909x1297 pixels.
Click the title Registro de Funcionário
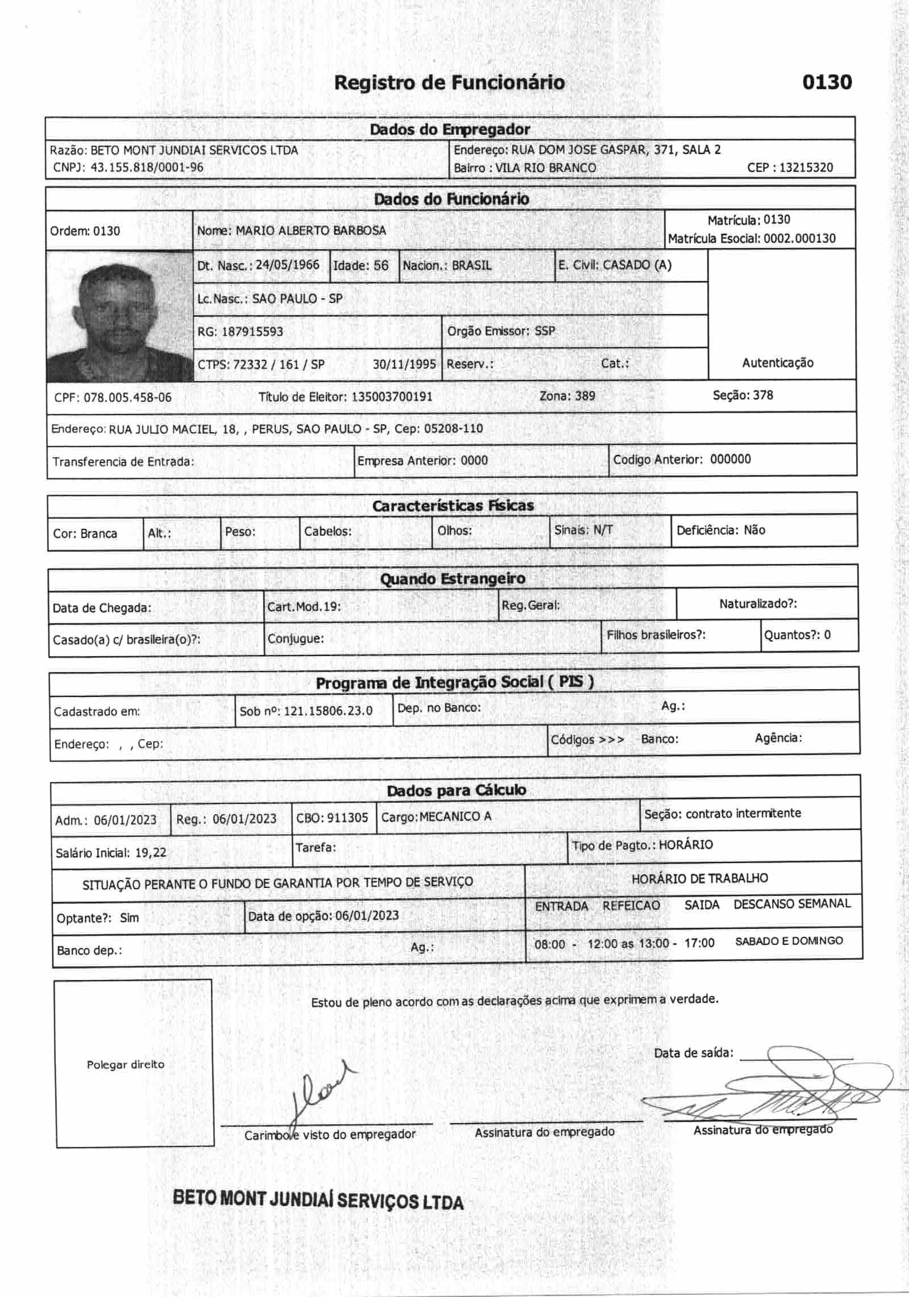coord(449,83)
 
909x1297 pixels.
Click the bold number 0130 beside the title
coord(827,82)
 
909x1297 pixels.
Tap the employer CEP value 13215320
coord(806,168)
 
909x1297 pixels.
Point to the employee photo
coord(119,316)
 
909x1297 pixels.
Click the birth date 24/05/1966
coord(287,265)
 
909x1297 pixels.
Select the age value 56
coord(381,266)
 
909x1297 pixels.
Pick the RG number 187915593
coord(252,332)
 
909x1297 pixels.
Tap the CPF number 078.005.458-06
coord(127,398)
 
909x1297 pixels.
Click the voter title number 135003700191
coord(392,397)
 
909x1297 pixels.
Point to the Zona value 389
coord(585,396)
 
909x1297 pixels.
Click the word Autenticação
coord(777,363)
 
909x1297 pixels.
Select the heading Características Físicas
coord(453,506)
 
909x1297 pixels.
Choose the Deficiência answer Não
coord(754,530)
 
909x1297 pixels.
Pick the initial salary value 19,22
coord(151,852)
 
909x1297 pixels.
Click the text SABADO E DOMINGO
coord(789,941)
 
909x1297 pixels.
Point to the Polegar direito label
coord(126,1065)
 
